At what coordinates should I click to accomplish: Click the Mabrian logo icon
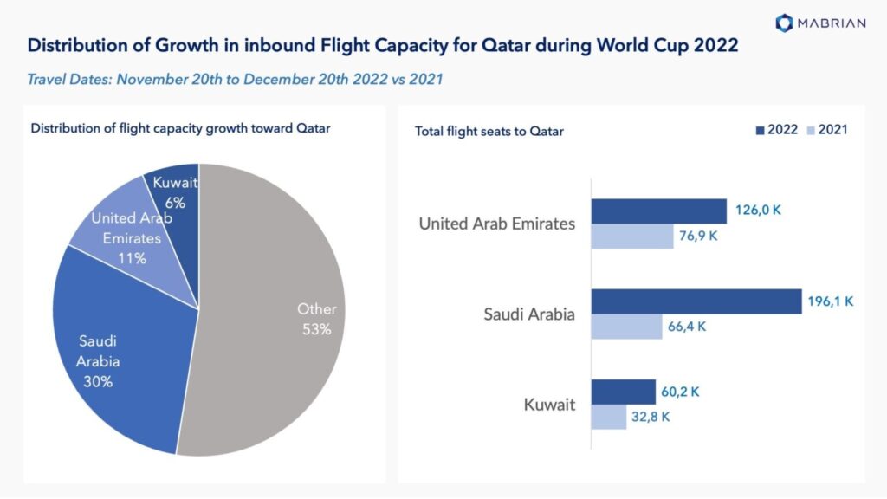[784, 23]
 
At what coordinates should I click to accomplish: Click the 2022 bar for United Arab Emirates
[658, 211]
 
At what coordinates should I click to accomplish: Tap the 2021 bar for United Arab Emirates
[631, 237]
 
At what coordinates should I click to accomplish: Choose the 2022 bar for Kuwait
[623, 392]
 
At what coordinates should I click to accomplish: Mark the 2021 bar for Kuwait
[608, 417]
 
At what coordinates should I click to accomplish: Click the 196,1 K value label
[832, 301]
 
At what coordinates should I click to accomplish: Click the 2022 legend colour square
[760, 130]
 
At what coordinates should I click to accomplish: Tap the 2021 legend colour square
[811, 130]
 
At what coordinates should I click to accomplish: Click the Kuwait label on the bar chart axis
[549, 405]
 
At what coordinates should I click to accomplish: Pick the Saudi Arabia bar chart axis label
[528, 314]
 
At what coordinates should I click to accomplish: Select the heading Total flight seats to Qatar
[489, 131]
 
